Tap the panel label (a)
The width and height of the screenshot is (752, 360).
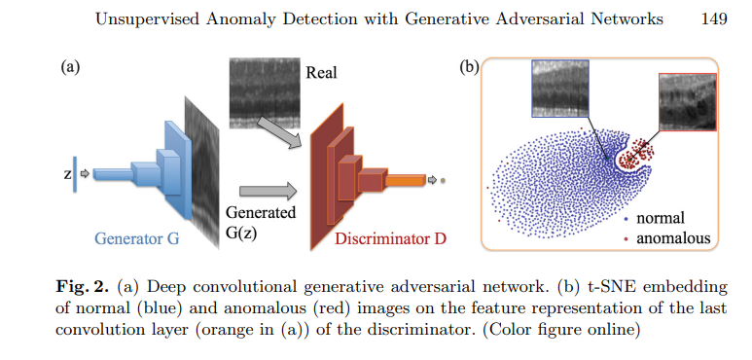coord(69,68)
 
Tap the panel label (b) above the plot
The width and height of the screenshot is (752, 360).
coord(468,68)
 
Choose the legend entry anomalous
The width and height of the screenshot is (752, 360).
coord(671,237)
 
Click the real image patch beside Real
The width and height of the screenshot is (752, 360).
coord(263,93)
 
